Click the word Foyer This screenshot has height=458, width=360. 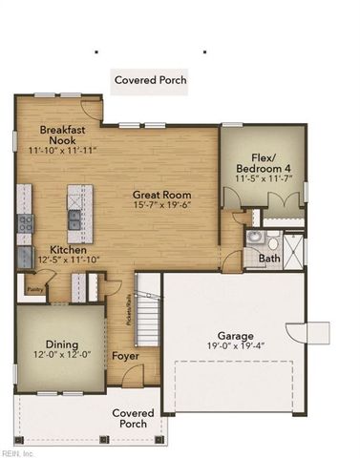pos(125,357)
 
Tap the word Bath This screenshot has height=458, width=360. pos(269,258)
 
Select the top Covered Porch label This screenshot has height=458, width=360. pos(151,80)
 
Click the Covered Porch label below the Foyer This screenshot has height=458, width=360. pos(133,419)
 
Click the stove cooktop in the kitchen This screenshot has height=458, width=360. pos(24,224)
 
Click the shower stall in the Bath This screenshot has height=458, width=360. pos(293,249)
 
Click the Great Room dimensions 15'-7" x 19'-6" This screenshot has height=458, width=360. pos(162,206)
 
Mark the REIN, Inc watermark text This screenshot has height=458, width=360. pos(17,452)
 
